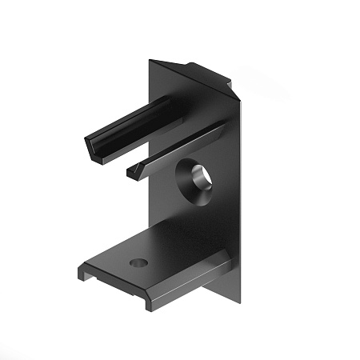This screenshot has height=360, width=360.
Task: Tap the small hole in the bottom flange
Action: point(139,262)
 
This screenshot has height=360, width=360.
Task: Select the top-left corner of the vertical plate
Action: point(150,61)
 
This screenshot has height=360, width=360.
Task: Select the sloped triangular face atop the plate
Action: point(192,76)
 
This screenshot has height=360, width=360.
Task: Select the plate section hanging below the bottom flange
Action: point(228,288)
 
